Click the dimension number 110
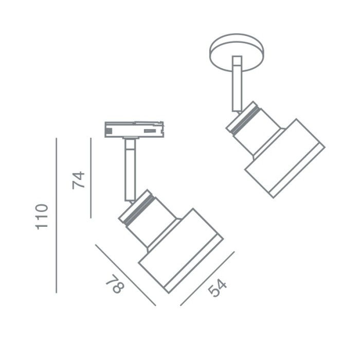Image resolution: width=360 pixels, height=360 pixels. [42, 217]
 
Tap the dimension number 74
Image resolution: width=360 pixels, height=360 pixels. [79, 180]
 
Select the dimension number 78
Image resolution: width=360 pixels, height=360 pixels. [115, 284]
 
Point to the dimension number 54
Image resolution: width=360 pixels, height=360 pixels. [217, 288]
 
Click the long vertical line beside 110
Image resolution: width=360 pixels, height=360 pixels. [56, 215]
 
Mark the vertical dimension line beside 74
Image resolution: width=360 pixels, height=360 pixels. [91, 178]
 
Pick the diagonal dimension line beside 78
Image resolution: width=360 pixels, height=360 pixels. [125, 275]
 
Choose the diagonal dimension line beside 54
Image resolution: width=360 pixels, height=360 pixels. [207, 279]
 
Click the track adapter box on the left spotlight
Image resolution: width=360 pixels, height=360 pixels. [134, 130]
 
